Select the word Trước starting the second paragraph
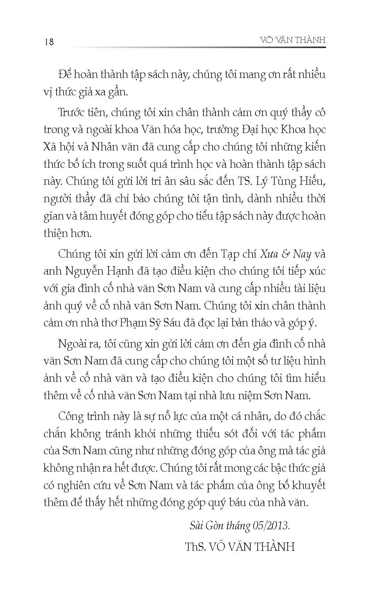(x=73, y=112)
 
